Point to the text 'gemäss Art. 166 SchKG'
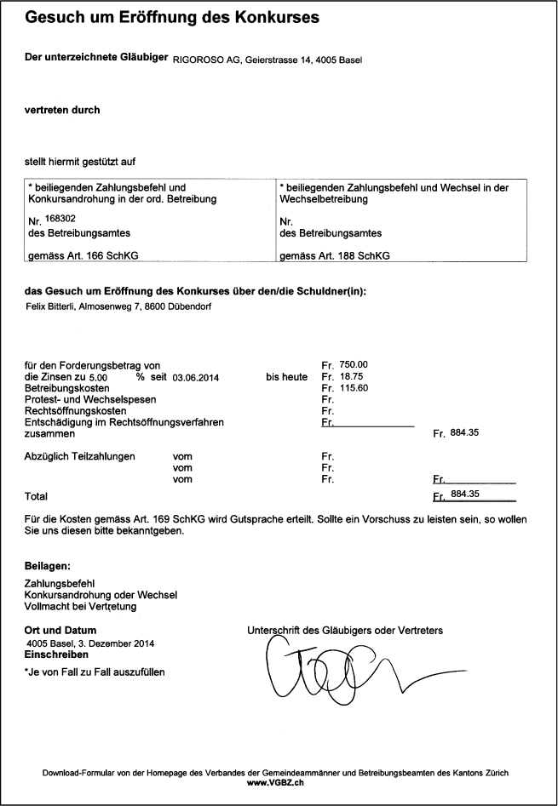[x=78, y=255]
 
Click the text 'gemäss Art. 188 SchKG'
[x=330, y=255]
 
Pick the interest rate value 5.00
[x=98, y=376]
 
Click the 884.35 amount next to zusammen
[x=464, y=432]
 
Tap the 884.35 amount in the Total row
[x=464, y=494]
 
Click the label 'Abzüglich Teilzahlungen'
[x=80, y=456]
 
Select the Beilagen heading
[x=48, y=565]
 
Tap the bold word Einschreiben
[x=56, y=655]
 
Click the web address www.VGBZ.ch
[x=275, y=781]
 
